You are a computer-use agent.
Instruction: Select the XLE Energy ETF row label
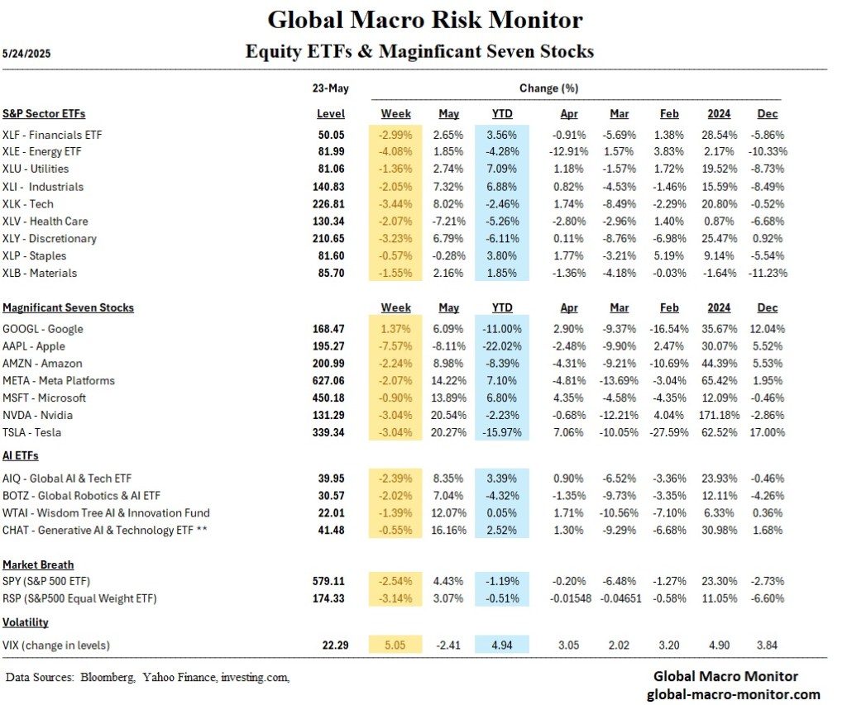click(x=54, y=151)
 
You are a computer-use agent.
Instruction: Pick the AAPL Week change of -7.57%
click(x=395, y=346)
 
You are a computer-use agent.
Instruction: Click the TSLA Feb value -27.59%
click(x=668, y=432)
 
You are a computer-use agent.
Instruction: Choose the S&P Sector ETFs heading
click(x=44, y=113)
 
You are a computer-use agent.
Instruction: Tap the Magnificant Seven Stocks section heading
click(x=68, y=307)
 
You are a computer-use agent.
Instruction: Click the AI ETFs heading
click(x=21, y=455)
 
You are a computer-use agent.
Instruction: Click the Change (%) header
click(x=548, y=88)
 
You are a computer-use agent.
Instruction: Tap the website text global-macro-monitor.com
click(x=733, y=693)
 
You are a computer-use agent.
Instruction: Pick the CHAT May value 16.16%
click(x=448, y=530)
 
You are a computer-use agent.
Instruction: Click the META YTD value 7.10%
click(x=502, y=381)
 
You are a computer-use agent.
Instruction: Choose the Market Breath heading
click(x=38, y=564)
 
